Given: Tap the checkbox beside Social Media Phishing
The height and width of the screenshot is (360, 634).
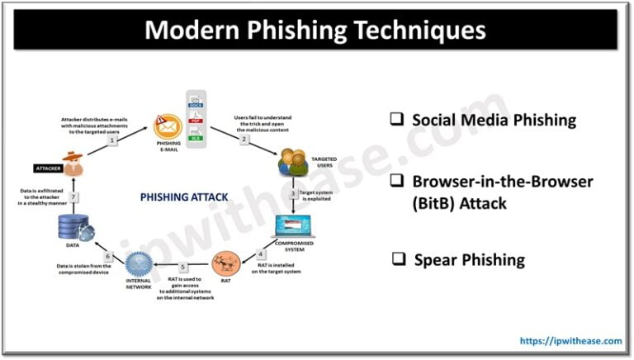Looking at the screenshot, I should [396, 119].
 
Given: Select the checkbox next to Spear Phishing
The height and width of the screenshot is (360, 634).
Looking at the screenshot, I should [398, 259].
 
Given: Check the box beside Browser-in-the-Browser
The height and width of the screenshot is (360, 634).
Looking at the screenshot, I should [396, 181].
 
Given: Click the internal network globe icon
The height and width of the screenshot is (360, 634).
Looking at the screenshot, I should [140, 264].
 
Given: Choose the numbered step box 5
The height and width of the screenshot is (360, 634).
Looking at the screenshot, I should [182, 266].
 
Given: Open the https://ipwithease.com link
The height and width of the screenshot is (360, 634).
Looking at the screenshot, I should [570, 340].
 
